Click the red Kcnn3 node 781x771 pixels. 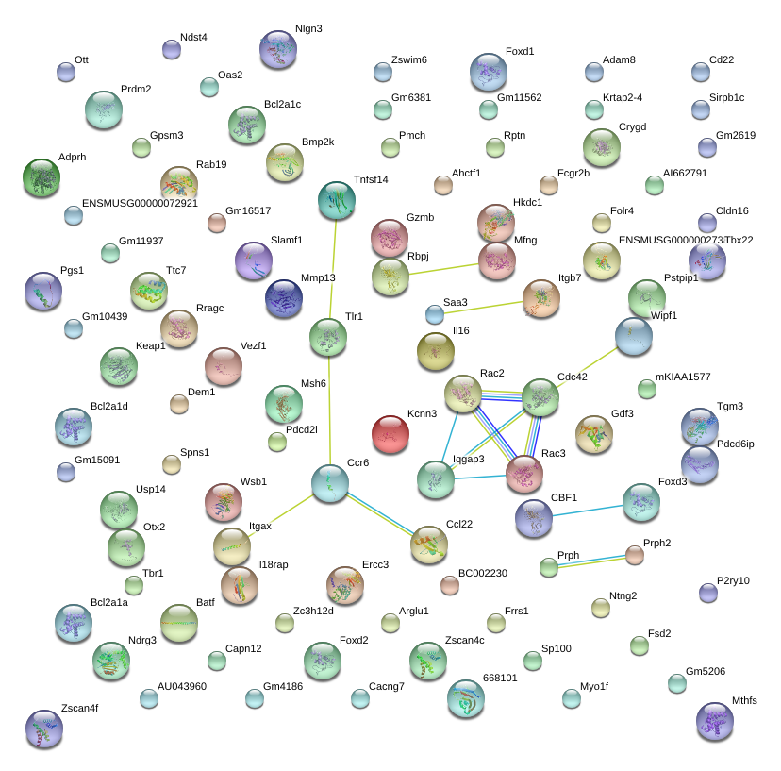390,434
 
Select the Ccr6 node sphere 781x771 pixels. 330,483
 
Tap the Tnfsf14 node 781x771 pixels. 337,199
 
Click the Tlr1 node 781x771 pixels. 328,337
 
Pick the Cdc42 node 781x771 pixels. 540,397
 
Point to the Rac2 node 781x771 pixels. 463,393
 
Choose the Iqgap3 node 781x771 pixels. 436,479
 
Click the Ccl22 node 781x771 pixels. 429,545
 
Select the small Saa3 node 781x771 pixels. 434,314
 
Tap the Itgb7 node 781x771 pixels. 540,298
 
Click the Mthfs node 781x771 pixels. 714,721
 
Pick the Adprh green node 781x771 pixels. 41,176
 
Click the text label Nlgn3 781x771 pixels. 308,29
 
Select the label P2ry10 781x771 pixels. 733,580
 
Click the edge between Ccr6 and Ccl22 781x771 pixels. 379,513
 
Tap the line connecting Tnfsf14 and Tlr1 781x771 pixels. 333,268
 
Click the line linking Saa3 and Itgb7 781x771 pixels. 487,307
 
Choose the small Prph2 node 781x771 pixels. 635,555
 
